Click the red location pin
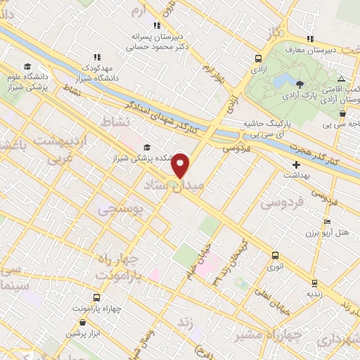point(181,165)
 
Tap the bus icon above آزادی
point(259,59)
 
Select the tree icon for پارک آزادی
point(301,82)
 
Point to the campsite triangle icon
point(341,79)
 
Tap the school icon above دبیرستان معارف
point(310,38)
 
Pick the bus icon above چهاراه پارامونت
point(97,298)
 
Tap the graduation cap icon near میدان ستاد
point(147,147)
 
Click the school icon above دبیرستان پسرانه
point(156,25)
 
